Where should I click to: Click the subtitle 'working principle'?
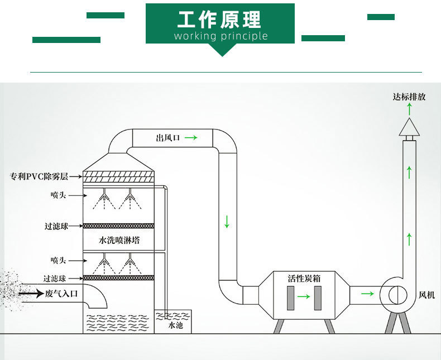[x=220, y=36]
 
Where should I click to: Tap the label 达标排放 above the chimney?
[x=409, y=97]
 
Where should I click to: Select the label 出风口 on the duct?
[x=168, y=137]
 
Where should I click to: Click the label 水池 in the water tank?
[x=175, y=324]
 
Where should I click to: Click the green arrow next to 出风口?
[x=190, y=137]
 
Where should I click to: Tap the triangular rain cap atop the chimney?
[x=409, y=128]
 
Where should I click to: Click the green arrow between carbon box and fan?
[x=367, y=293]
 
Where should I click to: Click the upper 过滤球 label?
[x=56, y=226]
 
